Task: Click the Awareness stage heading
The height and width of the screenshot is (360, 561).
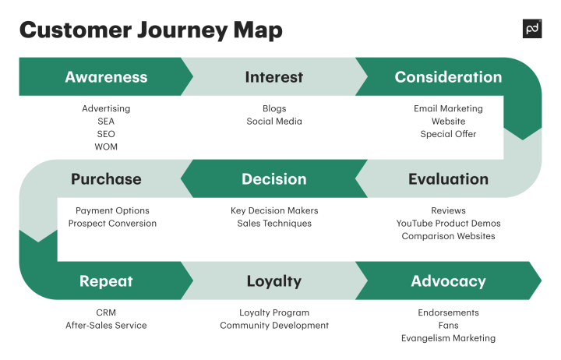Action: point(106,77)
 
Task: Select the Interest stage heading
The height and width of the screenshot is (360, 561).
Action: point(273,77)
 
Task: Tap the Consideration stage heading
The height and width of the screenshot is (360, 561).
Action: point(448,77)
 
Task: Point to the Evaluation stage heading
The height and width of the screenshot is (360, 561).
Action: point(448,179)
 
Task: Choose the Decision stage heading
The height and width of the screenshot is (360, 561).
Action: point(273,179)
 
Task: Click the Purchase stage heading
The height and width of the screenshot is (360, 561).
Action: point(106,179)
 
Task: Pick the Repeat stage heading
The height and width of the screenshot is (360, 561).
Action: point(106,281)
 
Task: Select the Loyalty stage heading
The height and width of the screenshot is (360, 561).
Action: point(273,281)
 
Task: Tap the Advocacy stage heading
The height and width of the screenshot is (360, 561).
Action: point(448,281)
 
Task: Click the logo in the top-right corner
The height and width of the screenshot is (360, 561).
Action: point(531,29)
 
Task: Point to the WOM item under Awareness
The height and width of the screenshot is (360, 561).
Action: point(106,146)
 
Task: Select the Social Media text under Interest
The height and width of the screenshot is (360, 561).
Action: point(274,122)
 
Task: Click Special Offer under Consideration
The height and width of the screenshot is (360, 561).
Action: point(448,134)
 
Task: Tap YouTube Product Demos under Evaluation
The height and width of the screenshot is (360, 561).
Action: point(448,224)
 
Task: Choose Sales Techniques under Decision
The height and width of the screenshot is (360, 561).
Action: point(274,224)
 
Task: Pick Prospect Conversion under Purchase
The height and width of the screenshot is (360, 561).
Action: point(112,224)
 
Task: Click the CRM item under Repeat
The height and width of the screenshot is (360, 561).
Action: point(106,312)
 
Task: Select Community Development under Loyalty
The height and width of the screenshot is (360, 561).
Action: point(274,326)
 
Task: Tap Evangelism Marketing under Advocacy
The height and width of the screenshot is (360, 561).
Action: point(448,338)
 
